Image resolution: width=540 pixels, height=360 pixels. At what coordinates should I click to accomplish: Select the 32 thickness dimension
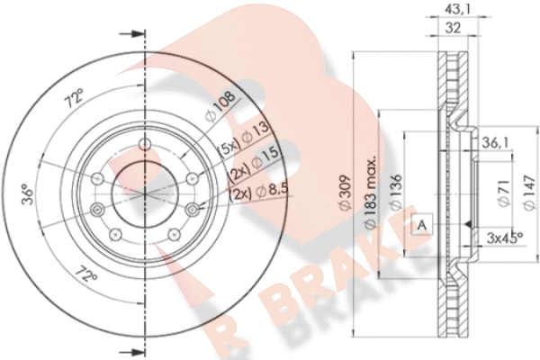[453, 28]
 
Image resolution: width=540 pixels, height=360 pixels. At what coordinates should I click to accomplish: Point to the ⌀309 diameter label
[345, 193]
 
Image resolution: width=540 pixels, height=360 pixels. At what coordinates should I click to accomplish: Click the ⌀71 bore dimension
[504, 193]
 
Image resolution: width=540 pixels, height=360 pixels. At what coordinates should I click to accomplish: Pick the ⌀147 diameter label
[529, 193]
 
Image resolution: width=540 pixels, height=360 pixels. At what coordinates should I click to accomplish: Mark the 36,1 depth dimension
[495, 142]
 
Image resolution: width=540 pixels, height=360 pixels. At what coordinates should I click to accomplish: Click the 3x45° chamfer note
[505, 238]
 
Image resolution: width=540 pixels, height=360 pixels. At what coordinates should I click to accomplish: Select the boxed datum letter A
[422, 225]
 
